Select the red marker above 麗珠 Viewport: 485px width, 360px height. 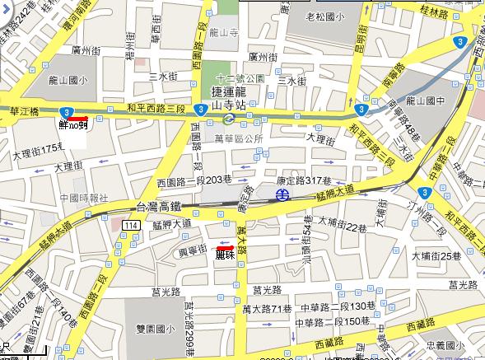pyautogui.click(x=225, y=247)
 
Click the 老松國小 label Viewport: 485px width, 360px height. pyautogui.click(x=326, y=16)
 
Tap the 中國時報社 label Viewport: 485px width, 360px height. pyautogui.click(x=78, y=198)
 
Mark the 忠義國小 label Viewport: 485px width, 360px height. pyautogui.click(x=455, y=347)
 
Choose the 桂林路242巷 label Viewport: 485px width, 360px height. pyautogui.click(x=19, y=17)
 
